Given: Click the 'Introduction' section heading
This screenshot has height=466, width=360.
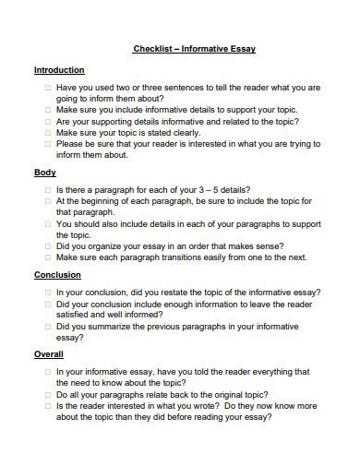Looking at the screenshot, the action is [x=59, y=70].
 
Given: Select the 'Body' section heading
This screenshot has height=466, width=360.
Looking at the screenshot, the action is [x=45, y=173].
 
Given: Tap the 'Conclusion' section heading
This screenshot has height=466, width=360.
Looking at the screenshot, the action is [x=57, y=275].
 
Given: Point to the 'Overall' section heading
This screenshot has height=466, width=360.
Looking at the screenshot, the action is [x=49, y=354].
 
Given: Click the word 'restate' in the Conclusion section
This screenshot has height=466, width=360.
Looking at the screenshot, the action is [x=173, y=292].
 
